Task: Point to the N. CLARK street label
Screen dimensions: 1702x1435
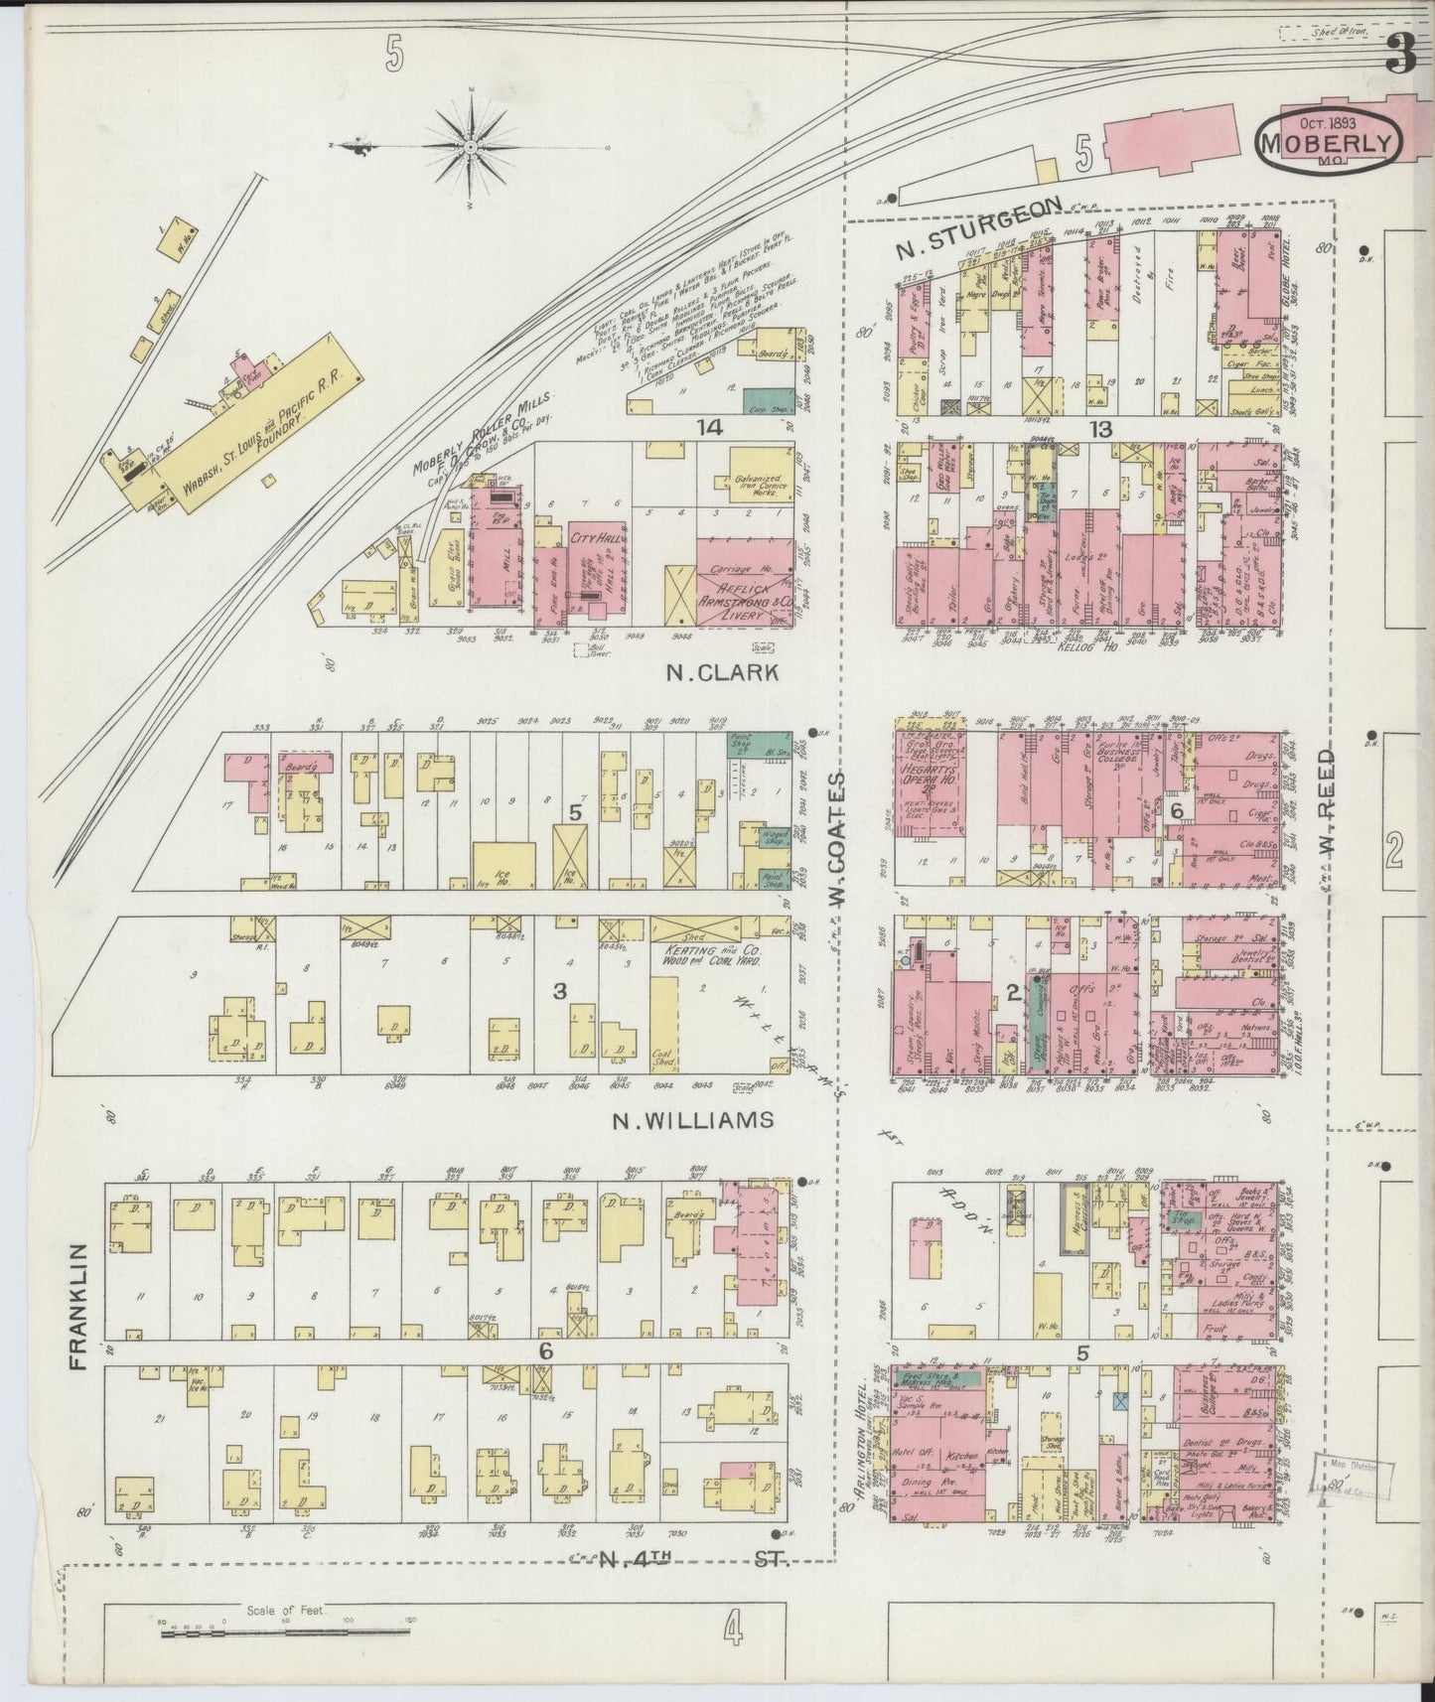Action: [722, 674]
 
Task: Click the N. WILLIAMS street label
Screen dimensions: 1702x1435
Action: [692, 1121]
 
